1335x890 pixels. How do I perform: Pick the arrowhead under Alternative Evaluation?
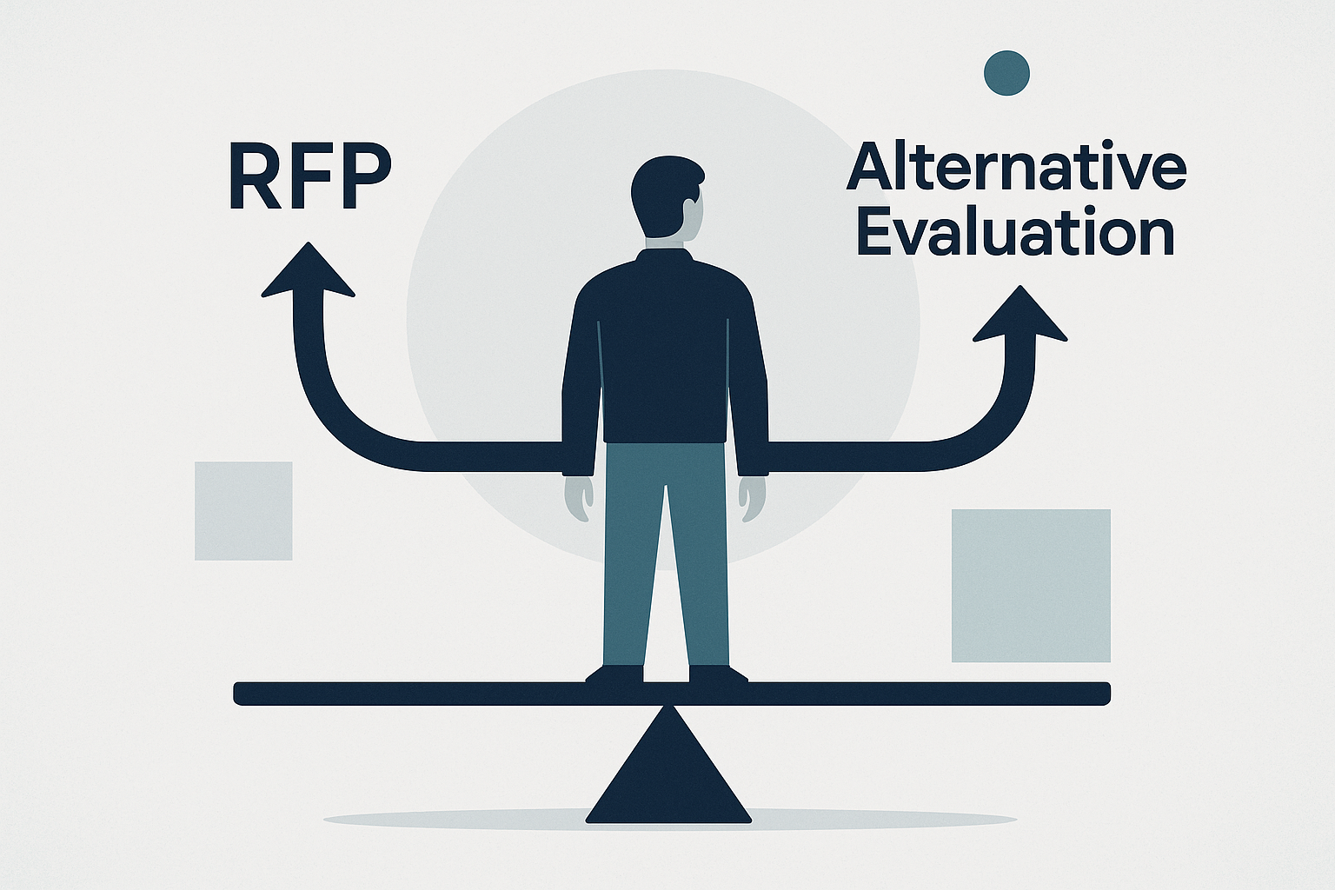[1020, 316]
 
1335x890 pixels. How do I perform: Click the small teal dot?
[1006, 72]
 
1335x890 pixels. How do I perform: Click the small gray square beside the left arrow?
[243, 511]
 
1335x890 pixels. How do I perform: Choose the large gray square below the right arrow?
[1031, 585]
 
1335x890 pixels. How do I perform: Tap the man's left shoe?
[615, 674]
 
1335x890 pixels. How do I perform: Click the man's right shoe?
[718, 674]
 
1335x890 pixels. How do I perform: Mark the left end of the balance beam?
[243, 694]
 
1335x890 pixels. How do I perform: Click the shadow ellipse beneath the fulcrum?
[869, 819]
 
